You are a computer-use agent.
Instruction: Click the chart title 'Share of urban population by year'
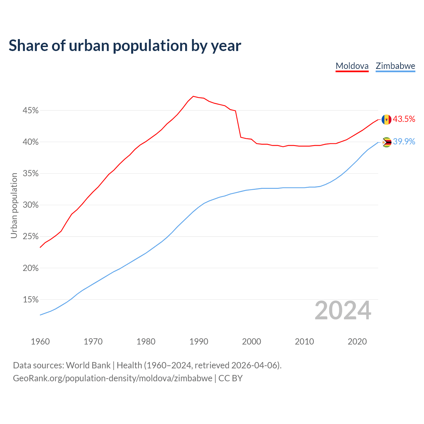coord(125,45)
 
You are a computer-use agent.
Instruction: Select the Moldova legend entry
coord(352,66)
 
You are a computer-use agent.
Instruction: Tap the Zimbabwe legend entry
coord(395,66)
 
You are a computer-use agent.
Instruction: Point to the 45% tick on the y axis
coord(31,110)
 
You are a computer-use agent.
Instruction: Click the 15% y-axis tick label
coord(31,299)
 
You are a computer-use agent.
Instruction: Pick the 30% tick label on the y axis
coord(31,205)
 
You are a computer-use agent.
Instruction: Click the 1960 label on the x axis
coord(40,342)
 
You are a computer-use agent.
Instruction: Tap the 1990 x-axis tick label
coord(199,342)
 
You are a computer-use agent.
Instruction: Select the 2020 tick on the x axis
coord(357,342)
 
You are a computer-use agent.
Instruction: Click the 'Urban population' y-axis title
coord(14,205)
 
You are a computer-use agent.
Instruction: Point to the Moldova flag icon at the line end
coord(386,119)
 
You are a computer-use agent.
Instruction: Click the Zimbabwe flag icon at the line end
coord(386,142)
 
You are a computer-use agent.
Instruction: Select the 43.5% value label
coord(404,119)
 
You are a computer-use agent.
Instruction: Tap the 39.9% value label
coord(404,142)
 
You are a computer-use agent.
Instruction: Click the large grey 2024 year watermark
coord(343,311)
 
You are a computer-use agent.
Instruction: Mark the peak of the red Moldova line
coord(193,96)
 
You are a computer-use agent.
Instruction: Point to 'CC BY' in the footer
coord(231,378)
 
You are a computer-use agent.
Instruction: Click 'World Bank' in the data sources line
coord(88,365)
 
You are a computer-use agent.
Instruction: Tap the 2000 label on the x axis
coord(252,342)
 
